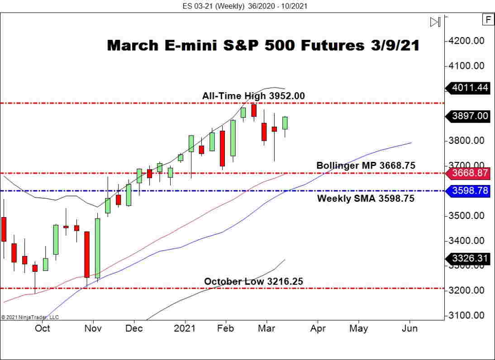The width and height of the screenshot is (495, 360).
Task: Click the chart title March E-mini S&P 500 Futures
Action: pyautogui.click(x=263, y=46)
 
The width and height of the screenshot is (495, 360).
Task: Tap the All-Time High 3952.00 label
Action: pyautogui.click(x=253, y=96)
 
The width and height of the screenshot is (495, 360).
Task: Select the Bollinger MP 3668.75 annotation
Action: pyautogui.click(x=366, y=166)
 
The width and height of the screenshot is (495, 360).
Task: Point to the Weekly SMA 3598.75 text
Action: pyautogui.click(x=366, y=199)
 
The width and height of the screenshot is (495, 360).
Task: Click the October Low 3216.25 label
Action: pyautogui.click(x=253, y=281)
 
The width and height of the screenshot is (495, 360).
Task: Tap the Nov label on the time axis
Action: pyautogui.click(x=93, y=328)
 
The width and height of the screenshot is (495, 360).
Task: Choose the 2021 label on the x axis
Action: pyautogui.click(x=185, y=328)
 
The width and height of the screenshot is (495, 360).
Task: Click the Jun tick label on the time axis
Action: pyautogui.click(x=410, y=328)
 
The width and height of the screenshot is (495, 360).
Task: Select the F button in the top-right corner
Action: pyautogui.click(x=488, y=20)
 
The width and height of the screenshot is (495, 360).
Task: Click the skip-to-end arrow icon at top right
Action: pyautogui.click(x=435, y=22)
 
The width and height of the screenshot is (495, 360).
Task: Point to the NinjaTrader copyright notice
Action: pyautogui.click(x=30, y=317)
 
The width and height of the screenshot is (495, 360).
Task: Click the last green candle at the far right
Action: pyautogui.click(x=285, y=123)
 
